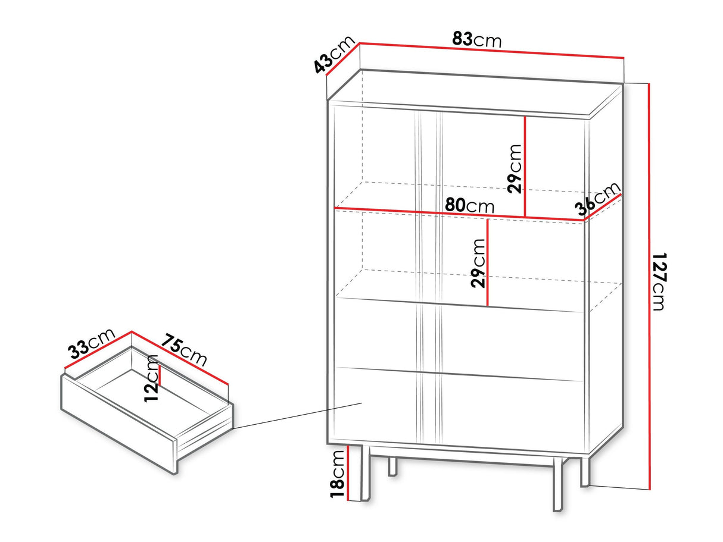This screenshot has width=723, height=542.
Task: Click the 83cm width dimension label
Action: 476,40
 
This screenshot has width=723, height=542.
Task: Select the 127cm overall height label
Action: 659,281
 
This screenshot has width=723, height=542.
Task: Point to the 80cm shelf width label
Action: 469,205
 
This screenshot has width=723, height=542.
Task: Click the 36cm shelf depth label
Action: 597,199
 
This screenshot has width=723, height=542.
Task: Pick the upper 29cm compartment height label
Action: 515,169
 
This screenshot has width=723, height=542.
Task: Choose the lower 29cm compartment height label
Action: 478,264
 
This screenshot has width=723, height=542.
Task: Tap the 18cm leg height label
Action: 338,474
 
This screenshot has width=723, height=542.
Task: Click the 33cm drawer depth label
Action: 92,343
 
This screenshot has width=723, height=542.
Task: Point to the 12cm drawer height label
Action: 151,378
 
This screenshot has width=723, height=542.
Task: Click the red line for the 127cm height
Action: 649,286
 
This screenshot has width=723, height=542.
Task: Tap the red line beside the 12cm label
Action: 160,375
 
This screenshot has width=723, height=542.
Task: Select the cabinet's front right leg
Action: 557,484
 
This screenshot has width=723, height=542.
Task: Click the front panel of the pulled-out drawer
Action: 119,425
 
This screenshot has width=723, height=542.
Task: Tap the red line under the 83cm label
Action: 491,51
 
